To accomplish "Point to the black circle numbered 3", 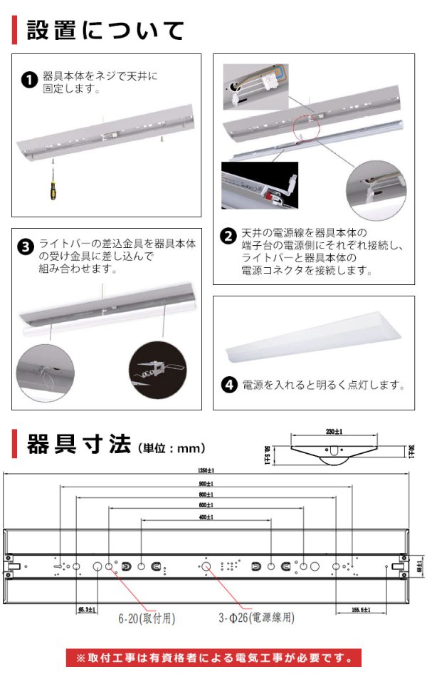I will tap(26, 247).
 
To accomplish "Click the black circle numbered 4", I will tap(229, 385).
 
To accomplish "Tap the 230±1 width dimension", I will tap(334, 432).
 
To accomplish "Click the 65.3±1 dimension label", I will tap(87, 609).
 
